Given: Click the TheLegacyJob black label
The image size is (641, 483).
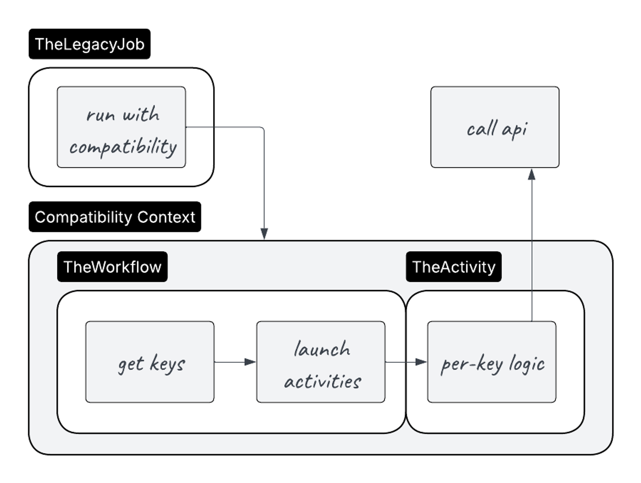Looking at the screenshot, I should tap(89, 44).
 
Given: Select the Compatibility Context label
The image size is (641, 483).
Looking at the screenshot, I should tap(115, 217).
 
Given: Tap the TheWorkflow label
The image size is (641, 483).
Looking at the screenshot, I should tap(112, 267).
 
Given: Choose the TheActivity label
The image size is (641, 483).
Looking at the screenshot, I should tap(453, 267).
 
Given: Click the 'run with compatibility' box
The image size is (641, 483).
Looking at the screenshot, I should tap(121, 127).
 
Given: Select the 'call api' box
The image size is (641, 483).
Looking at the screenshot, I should tap(495, 127).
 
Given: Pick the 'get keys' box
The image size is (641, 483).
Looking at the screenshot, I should tap(150, 362).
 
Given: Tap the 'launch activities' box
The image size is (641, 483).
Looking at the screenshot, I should tap(320, 362).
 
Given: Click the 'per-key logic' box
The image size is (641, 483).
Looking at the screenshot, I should tap(491, 362).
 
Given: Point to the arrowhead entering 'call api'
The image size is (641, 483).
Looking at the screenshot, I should tap(531, 174).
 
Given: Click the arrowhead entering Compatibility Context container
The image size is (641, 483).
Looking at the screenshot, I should tap(264, 234).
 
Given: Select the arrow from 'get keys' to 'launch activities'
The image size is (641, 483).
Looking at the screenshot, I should tap(235, 362).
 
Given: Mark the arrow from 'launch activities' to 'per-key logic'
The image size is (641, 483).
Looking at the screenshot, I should tap(405, 362).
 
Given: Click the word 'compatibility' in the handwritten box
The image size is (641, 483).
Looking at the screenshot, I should tap(123, 147).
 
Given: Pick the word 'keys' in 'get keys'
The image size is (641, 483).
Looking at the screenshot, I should tap(167, 364).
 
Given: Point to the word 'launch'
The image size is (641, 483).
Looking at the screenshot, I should tap(322, 349).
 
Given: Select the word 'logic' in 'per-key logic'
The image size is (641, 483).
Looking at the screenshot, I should tap(526, 364).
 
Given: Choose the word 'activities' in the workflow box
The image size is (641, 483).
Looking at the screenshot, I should tap(323, 381).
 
